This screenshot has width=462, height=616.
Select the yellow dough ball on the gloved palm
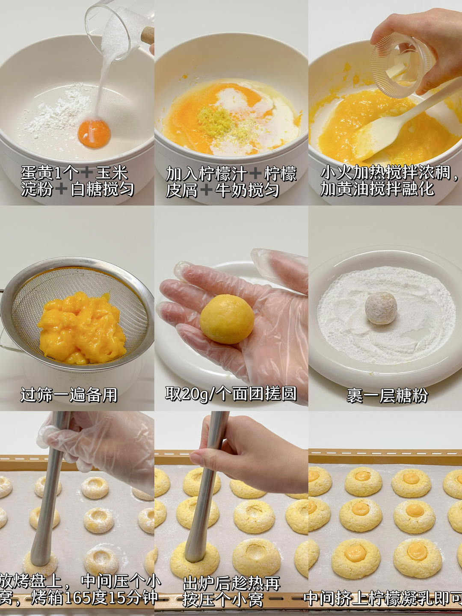pos(227,319)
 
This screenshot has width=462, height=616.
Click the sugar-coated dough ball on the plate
pos(381,308)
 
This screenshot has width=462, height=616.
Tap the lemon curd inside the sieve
pos(82,327)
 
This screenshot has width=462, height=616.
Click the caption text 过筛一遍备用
pos(69,394)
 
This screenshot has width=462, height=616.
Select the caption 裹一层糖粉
pos(387,395)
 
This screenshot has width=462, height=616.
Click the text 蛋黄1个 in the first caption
pos(49,172)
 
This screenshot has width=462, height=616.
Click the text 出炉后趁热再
pos(231,583)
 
